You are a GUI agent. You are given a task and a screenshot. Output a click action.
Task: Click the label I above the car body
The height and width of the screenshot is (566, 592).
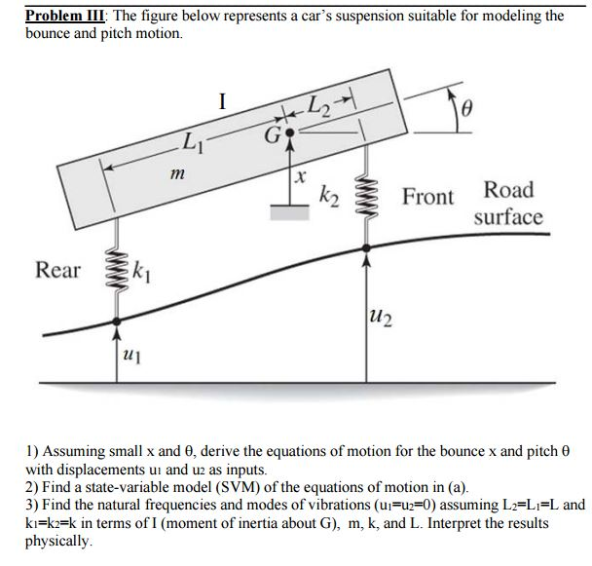coord(223,99)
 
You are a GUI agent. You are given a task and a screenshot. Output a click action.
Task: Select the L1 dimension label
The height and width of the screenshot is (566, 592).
coord(196,144)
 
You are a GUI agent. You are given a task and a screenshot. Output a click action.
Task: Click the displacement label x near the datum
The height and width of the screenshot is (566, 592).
coord(301,178)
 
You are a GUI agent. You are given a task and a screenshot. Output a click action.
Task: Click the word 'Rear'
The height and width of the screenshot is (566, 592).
coord(58,269)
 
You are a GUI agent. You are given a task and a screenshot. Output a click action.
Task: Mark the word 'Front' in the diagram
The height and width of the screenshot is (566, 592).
coord(427,197)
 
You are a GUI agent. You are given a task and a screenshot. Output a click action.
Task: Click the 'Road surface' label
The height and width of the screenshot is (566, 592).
coord(508,203)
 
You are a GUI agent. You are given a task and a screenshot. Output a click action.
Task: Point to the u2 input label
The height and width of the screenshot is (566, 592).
coord(381,313)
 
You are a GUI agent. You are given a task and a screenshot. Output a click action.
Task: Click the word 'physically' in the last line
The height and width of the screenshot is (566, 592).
coord(60,540)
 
